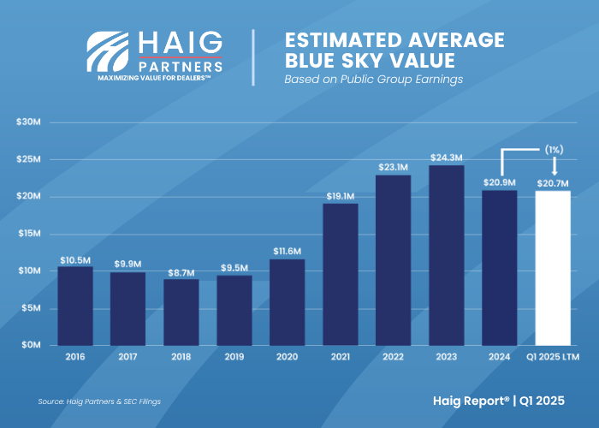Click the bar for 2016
[x=75, y=306]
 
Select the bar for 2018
[x=181, y=312]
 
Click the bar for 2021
[x=341, y=274]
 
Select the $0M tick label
[x=31, y=345]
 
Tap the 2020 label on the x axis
[x=288, y=357]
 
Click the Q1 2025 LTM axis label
[x=553, y=357]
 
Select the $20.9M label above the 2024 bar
[x=500, y=183]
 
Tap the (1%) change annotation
[x=553, y=149]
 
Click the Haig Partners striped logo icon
[x=109, y=53]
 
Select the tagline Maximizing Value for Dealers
[x=155, y=76]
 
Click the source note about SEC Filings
[x=99, y=401]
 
